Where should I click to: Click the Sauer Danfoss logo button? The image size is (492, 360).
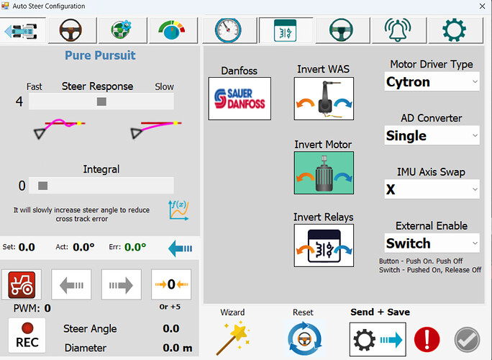coord(240,99)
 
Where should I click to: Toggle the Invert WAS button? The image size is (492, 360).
coord(324,99)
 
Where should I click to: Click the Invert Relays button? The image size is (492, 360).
coord(324,246)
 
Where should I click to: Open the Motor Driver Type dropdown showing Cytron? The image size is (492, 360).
coord(432,81)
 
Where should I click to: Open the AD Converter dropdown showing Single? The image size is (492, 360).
coord(432,135)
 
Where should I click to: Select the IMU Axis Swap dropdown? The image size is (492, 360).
coord(432,189)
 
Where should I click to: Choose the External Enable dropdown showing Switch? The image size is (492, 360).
coord(432,243)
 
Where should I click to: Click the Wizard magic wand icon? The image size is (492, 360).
coord(232,338)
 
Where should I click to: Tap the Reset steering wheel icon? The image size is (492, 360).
coord(304,338)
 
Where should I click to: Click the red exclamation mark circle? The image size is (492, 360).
coord(427,340)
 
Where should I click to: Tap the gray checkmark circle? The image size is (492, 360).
coord(468,340)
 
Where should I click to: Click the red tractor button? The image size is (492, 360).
coord(22,284)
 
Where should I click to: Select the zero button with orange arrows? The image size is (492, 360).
coord(171,284)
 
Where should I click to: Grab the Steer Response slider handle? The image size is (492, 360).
coord(101,102)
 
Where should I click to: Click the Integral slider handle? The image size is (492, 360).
coord(42,186)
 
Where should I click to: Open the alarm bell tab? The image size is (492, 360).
coord(398,30)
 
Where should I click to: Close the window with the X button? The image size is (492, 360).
coord(482,6)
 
